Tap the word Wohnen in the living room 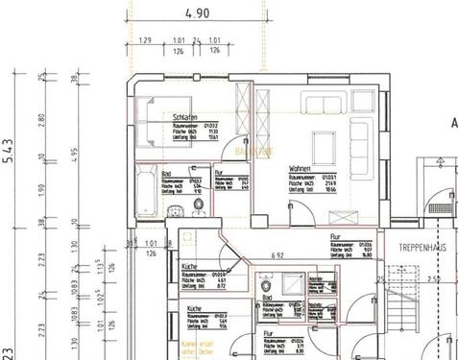pos(300,170)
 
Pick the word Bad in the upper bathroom pos(166,174)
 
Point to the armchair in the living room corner pos(368,104)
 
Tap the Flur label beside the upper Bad pos(220,174)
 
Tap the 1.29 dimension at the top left pos(146,40)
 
